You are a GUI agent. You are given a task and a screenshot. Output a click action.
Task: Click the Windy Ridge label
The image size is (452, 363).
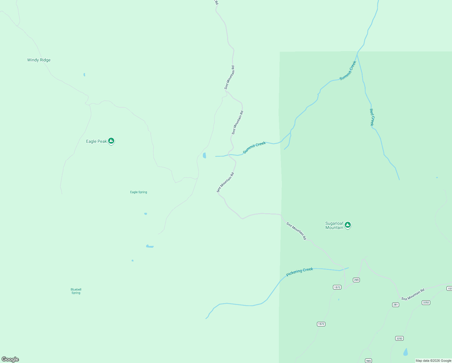(x=39, y=60)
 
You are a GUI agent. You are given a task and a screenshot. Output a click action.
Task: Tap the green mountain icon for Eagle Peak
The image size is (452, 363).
(x=111, y=141)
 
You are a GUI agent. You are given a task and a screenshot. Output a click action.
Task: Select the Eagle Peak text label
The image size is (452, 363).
(x=96, y=141)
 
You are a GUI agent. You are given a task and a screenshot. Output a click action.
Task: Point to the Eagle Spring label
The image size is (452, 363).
(x=138, y=192)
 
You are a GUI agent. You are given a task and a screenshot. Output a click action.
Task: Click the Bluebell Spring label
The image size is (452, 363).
(x=76, y=291)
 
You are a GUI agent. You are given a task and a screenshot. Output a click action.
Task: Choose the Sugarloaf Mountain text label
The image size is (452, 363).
(x=334, y=226)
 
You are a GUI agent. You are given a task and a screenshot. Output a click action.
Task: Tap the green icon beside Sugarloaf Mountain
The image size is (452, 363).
(x=348, y=225)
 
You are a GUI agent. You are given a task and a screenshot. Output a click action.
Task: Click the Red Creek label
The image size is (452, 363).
(x=372, y=117)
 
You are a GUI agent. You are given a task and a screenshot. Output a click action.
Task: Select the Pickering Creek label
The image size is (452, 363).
(x=299, y=272)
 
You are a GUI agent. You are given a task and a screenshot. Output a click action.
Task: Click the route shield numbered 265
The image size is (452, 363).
(x=356, y=280)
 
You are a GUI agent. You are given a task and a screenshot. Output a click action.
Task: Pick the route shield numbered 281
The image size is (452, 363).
(x=395, y=305)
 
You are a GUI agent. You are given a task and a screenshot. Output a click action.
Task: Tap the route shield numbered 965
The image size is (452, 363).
(x=368, y=361)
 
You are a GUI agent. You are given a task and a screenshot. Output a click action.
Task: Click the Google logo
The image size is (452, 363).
(x=10, y=359)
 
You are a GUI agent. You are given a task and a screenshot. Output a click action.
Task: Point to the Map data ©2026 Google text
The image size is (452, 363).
(x=433, y=361)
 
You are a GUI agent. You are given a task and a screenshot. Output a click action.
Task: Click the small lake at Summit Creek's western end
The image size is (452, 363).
(x=205, y=155)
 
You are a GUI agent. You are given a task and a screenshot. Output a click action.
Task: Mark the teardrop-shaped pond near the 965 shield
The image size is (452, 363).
(x=405, y=352)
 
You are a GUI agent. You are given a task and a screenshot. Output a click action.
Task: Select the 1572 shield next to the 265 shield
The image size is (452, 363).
(x=337, y=287)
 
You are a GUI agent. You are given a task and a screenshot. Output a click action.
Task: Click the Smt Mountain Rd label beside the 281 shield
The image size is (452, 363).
(x=413, y=294)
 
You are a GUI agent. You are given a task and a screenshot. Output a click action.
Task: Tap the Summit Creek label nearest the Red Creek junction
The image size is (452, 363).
(x=348, y=70)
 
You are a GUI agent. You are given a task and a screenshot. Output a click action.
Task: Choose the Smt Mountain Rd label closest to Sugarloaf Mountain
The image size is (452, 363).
(x=296, y=231)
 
